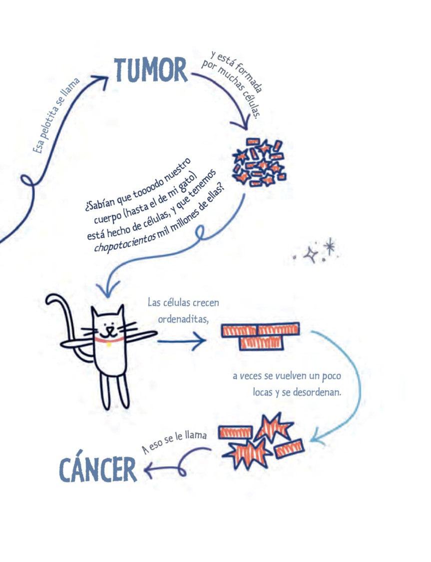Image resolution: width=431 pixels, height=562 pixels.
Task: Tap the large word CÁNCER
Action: point(98,469)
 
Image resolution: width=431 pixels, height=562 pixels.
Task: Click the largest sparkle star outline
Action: point(312,255)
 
